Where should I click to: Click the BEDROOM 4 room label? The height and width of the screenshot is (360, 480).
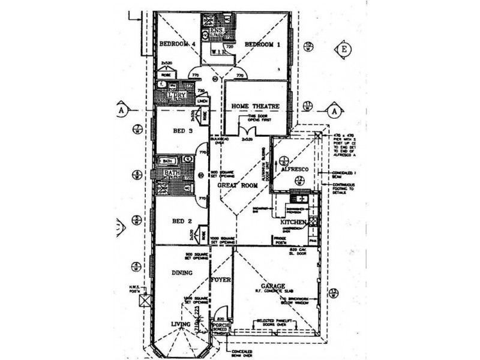tap(178, 44)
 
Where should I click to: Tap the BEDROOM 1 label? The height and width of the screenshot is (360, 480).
tap(263, 44)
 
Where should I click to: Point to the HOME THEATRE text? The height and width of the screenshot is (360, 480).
tap(256, 106)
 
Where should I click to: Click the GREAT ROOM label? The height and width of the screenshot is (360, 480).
tap(238, 186)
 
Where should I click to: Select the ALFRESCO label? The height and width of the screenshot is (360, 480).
tap(295, 170)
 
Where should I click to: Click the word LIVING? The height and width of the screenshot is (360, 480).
tap(179, 325)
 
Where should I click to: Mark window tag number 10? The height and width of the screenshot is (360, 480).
tap(308, 47)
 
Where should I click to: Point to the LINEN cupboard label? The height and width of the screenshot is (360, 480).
tap(202, 101)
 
